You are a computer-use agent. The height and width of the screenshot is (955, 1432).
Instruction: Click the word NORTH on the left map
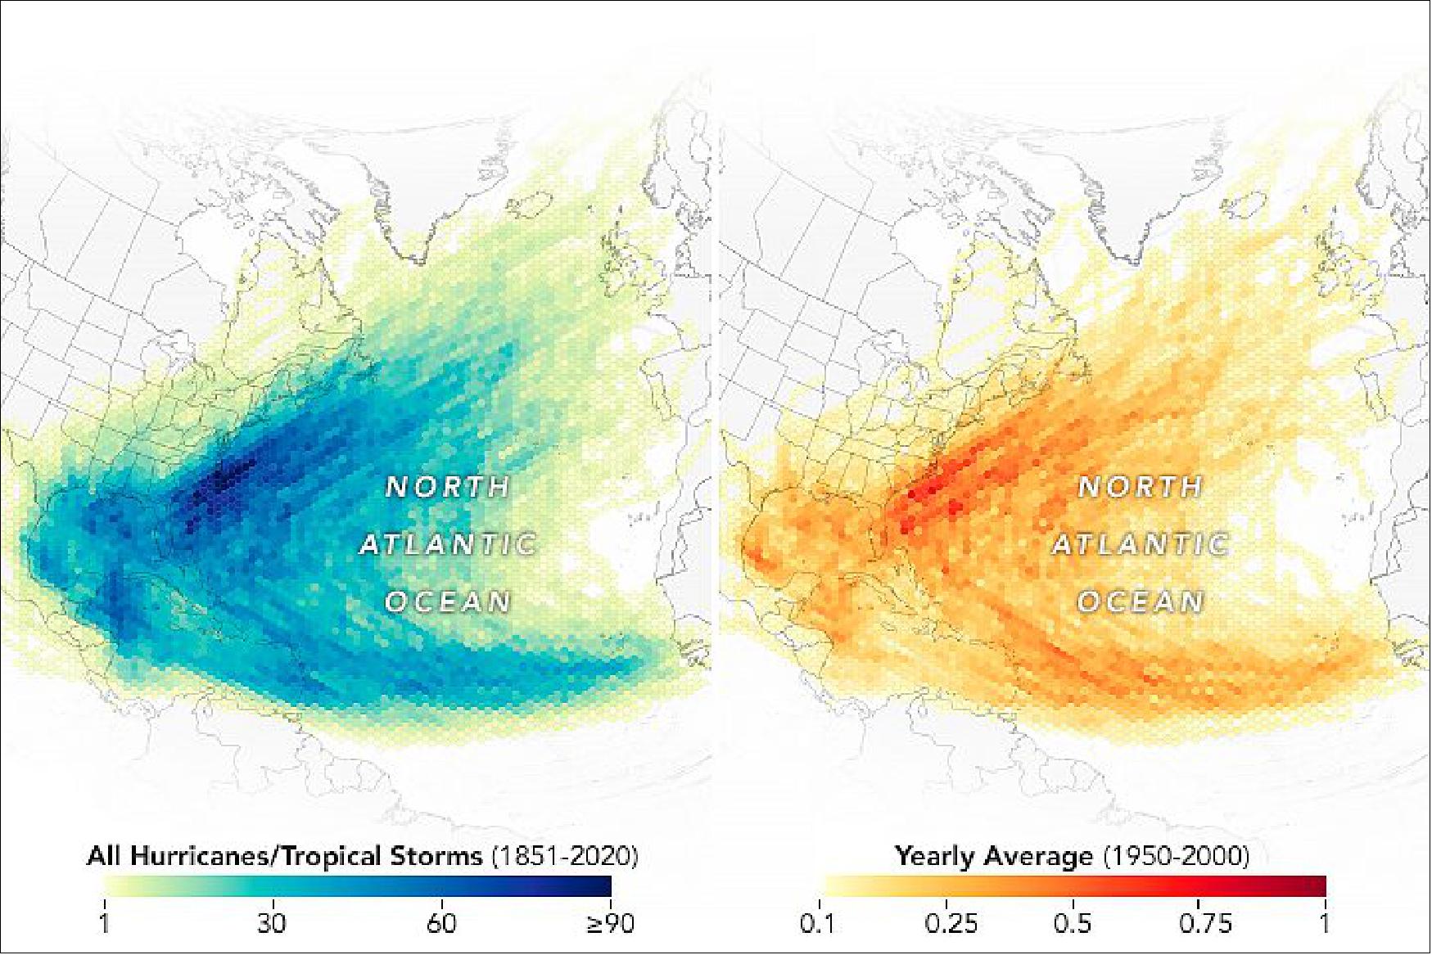coord(448,488)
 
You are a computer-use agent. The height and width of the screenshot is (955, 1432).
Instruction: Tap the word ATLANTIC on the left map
coord(448,545)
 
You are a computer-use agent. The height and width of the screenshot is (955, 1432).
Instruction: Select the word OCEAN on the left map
coord(448,602)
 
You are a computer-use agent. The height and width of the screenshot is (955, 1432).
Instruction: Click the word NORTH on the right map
coord(1140,488)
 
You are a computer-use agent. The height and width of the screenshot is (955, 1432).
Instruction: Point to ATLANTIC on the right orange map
coord(1140,545)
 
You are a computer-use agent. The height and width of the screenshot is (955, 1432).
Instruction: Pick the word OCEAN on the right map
coord(1140,602)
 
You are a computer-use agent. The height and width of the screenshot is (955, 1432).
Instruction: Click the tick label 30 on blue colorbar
coord(272,924)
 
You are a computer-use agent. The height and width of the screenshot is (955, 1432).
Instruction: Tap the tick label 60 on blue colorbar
coord(441,924)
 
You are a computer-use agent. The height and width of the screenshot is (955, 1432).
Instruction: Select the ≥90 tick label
coord(611,924)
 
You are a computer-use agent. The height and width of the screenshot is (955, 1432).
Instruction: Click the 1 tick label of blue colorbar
coord(105,924)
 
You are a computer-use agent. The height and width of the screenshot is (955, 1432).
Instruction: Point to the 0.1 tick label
coord(818,924)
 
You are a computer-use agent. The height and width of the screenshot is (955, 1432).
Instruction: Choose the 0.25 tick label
coord(951,924)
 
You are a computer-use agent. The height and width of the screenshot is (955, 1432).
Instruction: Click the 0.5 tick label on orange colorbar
coord(1073,924)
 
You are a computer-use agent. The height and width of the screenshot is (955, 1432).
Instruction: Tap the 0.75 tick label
coord(1205,924)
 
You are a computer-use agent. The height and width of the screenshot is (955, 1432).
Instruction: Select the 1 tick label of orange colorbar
coord(1325,924)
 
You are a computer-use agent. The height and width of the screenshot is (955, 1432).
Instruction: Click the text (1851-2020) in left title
coord(564,857)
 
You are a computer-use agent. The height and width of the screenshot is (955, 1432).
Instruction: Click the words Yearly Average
coord(994,857)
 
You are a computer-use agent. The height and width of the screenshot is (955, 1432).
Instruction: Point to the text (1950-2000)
coord(1176,857)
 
